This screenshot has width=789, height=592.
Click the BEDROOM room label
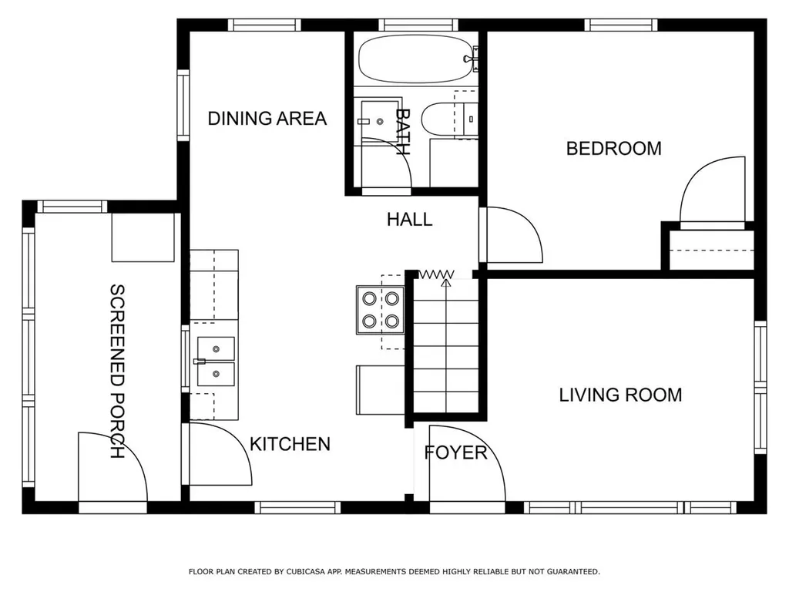coord(613,149)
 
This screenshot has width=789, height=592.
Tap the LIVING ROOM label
coord(620,395)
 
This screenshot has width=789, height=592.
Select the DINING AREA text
coord(267,119)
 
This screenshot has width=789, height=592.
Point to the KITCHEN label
coord(290,444)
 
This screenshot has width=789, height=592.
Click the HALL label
coord(410,220)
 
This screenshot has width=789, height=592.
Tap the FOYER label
coord(456,452)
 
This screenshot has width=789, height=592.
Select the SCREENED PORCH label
coord(117,371)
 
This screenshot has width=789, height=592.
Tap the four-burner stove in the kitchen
coord(381,310)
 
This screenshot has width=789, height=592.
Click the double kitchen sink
coord(216,362)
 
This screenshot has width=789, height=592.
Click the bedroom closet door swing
coord(711,192)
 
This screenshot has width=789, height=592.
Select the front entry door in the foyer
coord(466,463)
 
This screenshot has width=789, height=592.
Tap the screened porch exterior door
coord(112,466)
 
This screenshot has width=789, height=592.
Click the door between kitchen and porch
coord(220,454)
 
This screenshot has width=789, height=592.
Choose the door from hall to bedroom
coord(512,234)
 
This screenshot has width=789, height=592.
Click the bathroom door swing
coord(387,163)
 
